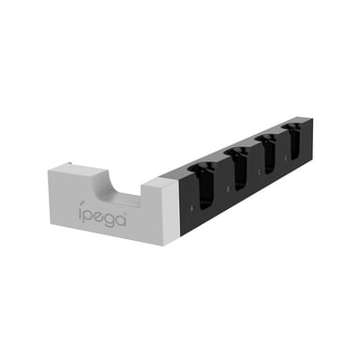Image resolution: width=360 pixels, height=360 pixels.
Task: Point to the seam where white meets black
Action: (x=174, y=202)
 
